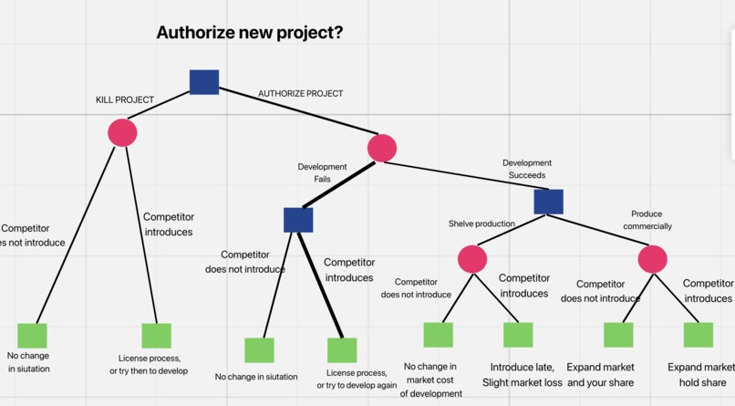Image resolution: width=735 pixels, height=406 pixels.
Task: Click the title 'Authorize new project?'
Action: [x=249, y=33]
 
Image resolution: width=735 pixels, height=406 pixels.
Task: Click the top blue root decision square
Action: [x=204, y=82]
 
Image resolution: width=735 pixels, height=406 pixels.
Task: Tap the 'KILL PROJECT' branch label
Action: [x=125, y=99]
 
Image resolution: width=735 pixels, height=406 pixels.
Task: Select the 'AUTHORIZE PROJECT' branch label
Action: [x=300, y=94]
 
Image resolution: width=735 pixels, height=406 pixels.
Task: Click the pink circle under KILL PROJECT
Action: [x=122, y=133]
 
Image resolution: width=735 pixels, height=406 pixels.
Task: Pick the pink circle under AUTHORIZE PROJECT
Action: [x=382, y=148]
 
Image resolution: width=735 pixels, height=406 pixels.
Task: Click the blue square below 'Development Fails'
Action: [x=298, y=220]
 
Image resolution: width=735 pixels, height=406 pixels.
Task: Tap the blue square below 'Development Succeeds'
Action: [x=548, y=202]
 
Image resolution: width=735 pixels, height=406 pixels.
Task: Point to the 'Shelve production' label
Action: [x=481, y=224]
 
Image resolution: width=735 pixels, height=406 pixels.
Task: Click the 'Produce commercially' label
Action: [x=647, y=220]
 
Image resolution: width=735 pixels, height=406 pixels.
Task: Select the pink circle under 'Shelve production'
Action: [x=471, y=260]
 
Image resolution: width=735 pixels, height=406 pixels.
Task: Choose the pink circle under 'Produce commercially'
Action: [x=653, y=260]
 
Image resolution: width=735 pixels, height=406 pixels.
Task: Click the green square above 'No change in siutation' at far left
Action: [x=32, y=336]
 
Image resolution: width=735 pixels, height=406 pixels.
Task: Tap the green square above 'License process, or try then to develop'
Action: [x=156, y=336]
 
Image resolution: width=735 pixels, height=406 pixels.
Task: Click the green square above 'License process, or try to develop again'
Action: [x=342, y=350]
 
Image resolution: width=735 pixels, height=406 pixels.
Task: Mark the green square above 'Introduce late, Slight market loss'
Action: [x=518, y=335]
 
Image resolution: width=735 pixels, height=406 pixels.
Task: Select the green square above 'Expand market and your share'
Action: [x=618, y=335]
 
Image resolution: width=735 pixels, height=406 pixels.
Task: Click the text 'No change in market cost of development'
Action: [x=430, y=380]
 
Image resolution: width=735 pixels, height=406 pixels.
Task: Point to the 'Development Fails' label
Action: [x=322, y=173]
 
